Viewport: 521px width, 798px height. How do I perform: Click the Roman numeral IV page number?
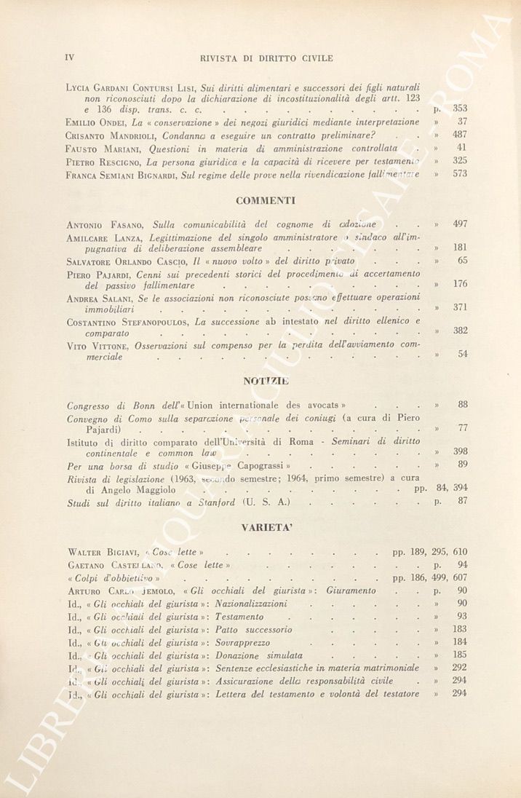tap(71, 58)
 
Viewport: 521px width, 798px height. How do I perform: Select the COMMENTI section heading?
tap(266, 199)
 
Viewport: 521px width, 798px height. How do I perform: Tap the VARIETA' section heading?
tap(266, 528)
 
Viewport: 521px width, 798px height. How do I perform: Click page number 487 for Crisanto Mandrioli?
tap(460, 135)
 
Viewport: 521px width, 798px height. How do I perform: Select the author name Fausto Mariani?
tap(97, 148)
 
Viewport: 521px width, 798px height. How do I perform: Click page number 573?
tap(460, 174)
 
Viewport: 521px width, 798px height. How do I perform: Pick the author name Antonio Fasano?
tap(106, 224)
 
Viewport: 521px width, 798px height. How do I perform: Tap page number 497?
tap(460, 224)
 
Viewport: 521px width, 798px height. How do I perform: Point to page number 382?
tap(460, 330)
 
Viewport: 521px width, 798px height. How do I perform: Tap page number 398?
tap(460, 452)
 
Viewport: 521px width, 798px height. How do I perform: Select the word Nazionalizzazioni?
tap(251, 604)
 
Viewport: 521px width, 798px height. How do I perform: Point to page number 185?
tap(460, 655)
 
